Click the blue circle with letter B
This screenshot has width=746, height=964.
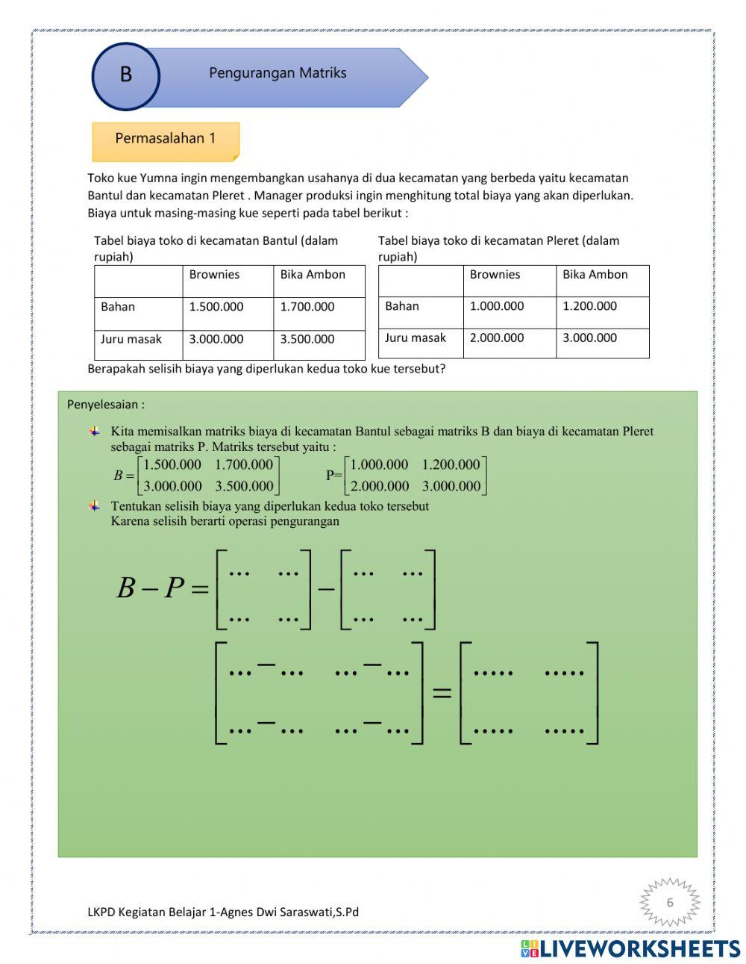[x=125, y=75]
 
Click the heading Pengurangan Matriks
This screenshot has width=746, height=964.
[x=278, y=73]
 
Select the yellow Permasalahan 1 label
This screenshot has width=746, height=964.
[x=165, y=139]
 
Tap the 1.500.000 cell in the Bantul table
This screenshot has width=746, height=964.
[x=216, y=307]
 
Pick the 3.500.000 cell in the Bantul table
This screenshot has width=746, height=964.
[x=307, y=339]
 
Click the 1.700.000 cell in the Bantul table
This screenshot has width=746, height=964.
[x=307, y=307]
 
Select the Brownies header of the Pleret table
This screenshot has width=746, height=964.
[x=495, y=275]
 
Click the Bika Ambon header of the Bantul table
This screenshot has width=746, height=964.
[x=313, y=275]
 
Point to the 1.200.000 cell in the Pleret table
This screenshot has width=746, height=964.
[x=589, y=306]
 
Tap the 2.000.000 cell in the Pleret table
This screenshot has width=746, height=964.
[x=497, y=338]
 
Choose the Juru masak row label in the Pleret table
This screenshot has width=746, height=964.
[x=416, y=338]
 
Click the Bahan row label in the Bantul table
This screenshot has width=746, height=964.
[x=118, y=307]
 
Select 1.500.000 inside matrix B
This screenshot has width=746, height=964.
[x=172, y=465]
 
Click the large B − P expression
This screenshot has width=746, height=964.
[x=160, y=588]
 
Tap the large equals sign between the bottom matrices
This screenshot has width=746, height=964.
[x=442, y=692]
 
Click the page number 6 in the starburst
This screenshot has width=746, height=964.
[x=669, y=903]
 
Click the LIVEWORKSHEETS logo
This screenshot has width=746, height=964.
[x=630, y=948]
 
